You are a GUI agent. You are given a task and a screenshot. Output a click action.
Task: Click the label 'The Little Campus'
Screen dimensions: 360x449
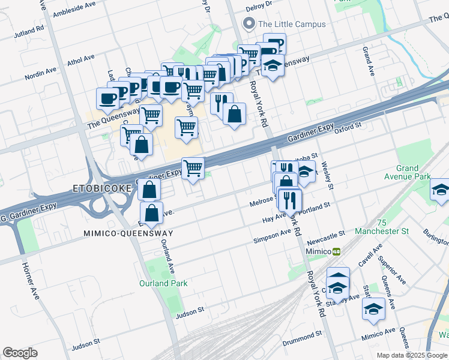[291, 24]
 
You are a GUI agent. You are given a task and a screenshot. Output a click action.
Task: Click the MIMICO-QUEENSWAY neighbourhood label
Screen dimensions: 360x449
[128, 233]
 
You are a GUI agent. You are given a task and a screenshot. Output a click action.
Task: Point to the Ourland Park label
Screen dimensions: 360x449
[163, 283]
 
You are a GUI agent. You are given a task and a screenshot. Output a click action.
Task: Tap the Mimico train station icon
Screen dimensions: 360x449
[337, 251]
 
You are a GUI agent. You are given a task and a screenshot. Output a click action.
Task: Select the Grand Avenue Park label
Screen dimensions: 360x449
[413, 173]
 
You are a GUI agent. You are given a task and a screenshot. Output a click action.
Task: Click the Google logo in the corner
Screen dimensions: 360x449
[20, 353]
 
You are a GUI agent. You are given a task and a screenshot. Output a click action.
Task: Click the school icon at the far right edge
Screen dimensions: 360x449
[441, 191]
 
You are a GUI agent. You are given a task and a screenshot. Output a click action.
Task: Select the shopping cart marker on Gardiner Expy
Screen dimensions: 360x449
[193, 168]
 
